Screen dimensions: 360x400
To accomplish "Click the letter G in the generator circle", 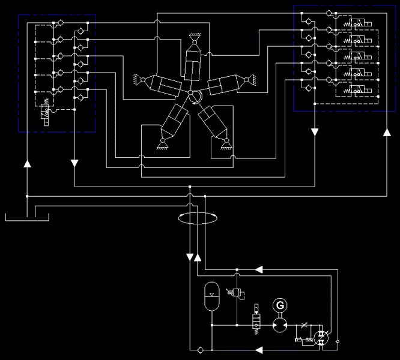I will coord(279,306).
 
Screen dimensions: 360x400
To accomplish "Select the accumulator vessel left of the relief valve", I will coord(211,296).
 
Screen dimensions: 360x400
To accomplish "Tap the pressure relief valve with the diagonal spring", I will coord(237,293).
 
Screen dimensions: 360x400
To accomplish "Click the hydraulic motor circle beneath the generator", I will coord(279,326).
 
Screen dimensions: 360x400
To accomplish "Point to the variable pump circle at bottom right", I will coord(322,338).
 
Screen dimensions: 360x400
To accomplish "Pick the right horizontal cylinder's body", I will coord(225,85).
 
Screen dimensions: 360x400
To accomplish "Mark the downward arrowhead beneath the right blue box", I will coord(315,131).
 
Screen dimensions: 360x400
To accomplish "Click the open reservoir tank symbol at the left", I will coord(28,215).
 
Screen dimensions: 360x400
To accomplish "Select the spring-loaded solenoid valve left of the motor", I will coord(255,319).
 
